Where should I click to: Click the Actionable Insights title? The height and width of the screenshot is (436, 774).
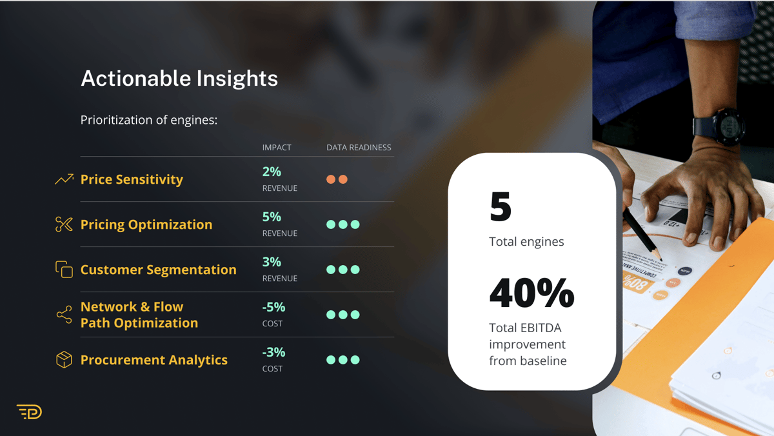pos(179,79)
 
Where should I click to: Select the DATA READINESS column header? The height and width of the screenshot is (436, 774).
pos(359,148)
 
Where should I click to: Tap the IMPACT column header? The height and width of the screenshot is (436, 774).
pos(277,148)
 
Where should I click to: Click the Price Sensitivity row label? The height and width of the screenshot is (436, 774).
pos(132,180)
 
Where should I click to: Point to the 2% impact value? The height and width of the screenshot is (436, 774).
pos(272,172)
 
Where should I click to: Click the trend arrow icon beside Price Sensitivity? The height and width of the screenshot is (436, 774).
pos(64,179)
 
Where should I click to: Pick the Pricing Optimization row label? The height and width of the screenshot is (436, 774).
pos(146,225)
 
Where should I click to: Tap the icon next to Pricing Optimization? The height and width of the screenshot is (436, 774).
pos(64,224)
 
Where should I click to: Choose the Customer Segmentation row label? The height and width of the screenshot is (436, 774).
pos(158,270)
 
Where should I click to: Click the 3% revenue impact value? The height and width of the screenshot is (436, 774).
pos(272,262)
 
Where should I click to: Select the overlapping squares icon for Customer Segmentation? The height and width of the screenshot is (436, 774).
pos(64,269)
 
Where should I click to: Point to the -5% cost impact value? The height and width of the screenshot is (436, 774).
pos(273,307)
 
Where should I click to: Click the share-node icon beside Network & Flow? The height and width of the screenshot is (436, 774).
pos(64,314)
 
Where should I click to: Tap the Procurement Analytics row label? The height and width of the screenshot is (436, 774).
pos(154,360)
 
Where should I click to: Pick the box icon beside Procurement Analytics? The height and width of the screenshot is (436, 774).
pos(64,360)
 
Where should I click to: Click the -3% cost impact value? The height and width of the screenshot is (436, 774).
pos(273,352)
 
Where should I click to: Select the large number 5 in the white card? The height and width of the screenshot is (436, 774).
pos(501,206)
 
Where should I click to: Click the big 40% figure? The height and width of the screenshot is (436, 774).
pos(531,293)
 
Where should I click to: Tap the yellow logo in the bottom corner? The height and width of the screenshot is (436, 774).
pos(30,412)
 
